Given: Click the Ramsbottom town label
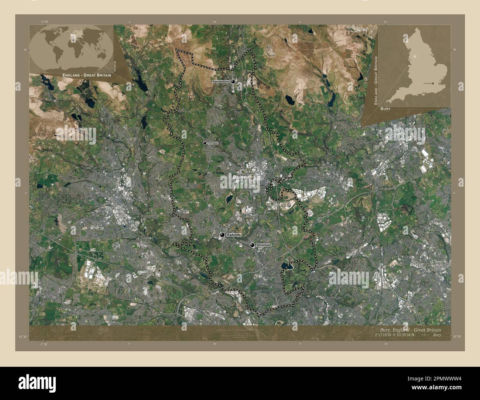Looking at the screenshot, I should pos(221,81).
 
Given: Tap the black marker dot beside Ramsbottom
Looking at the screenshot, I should pos(233,82).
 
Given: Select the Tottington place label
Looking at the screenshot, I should pos(213,143).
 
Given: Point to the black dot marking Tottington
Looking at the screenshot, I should pos(205,143).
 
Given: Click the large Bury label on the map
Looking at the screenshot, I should pos(240,177).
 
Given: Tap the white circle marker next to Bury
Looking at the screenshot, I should pos(252,177).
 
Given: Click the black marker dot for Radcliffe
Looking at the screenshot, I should pos(222,235).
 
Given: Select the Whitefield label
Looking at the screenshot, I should pos(263,245).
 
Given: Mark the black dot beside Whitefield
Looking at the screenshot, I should pos(252,245).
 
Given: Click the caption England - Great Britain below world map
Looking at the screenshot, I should pos(87,75).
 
